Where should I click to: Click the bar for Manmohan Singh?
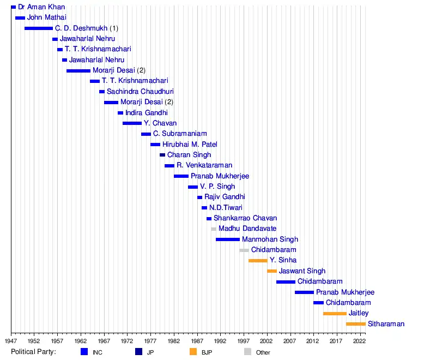228,239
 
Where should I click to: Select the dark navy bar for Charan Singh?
162,155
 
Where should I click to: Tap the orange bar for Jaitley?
335,314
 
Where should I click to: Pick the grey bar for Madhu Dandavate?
214,229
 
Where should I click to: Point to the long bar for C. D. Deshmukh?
39,28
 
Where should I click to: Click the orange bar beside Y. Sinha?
258,261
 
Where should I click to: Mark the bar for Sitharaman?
356,324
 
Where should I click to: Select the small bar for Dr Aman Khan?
14,7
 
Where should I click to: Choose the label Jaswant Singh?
302,271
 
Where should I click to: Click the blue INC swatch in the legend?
84,352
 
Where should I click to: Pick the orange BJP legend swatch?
193,352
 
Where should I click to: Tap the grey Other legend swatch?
247,352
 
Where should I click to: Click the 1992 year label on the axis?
220,340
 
